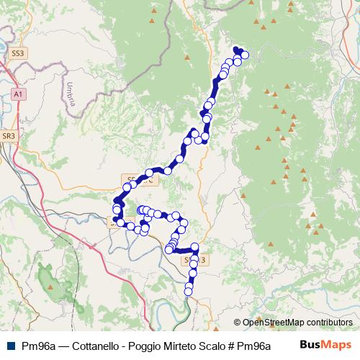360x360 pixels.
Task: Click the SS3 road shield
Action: (18, 53)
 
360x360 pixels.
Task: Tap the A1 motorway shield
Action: (18, 94)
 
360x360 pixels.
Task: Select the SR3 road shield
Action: (9, 135)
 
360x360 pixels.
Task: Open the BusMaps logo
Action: (325, 344)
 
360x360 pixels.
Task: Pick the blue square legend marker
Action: (8, 345)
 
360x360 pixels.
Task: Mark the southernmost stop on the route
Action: (189, 291)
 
